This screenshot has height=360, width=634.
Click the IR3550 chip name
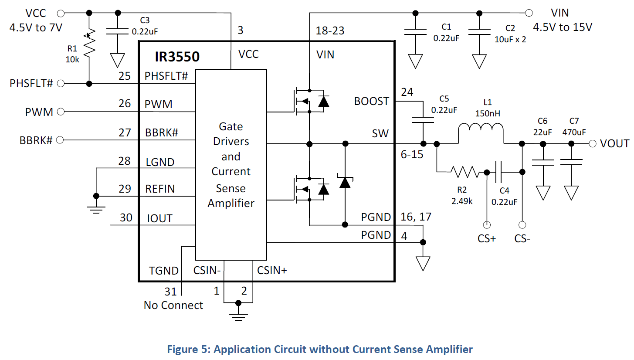pyautogui.click(x=177, y=57)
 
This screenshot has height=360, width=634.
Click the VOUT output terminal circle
pyautogui.click(x=593, y=144)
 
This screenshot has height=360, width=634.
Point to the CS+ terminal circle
pyautogui.click(x=487, y=225)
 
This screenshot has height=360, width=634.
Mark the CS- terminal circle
pyautogui.click(x=522, y=225)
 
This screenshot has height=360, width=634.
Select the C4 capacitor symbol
pyautogui.click(x=499, y=172)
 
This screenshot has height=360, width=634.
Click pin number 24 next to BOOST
pyautogui.click(x=407, y=92)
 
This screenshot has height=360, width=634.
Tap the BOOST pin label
pyautogui.click(x=372, y=101)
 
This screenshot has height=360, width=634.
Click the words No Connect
pyautogui.click(x=173, y=305)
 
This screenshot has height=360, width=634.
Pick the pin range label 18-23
pyautogui.click(x=330, y=31)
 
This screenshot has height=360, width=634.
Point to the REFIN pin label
pyautogui.click(x=160, y=189)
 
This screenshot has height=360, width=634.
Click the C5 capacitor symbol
pyautogui.click(x=423, y=120)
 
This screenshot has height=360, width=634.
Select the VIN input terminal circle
pyautogui.click(x=529, y=13)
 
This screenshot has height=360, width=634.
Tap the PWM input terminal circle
pyautogui.click(x=61, y=112)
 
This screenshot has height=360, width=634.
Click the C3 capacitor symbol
pyautogui.click(x=118, y=31)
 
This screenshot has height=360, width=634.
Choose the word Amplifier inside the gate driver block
pyautogui.click(x=231, y=203)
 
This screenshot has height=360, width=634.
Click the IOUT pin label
pyautogui.click(x=159, y=218)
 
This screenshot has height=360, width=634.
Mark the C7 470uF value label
pyautogui.click(x=574, y=132)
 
